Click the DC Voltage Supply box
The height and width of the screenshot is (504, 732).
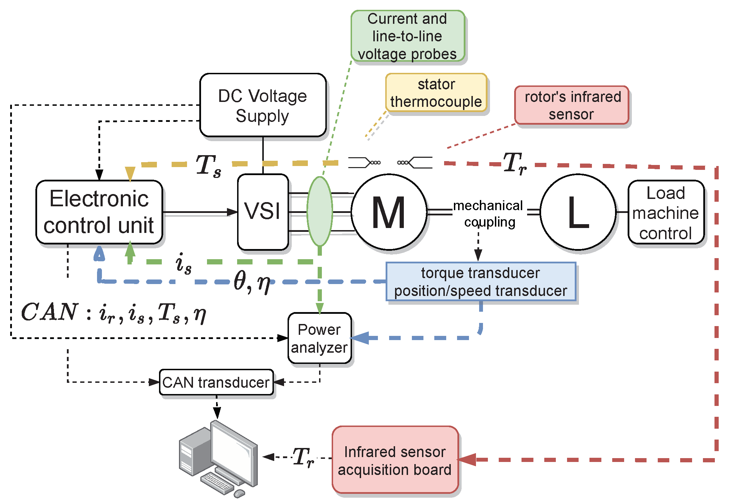(263, 105)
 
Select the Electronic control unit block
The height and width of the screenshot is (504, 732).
(99, 212)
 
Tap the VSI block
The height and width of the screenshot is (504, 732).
(263, 212)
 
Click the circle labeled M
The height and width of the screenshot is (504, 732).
(389, 212)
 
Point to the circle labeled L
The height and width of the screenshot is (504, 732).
(578, 212)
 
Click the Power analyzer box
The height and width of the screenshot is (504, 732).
(319, 338)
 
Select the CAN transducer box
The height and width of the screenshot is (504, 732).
(216, 382)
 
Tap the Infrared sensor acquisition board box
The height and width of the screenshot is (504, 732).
(395, 460)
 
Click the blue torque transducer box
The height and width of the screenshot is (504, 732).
(481, 282)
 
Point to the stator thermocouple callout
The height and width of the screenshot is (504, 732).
(436, 93)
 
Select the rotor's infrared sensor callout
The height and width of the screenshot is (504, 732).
(572, 105)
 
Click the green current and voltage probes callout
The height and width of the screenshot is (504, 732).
(407, 36)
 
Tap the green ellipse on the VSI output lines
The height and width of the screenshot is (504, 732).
(319, 212)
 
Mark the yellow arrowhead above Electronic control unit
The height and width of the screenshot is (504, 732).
(130, 173)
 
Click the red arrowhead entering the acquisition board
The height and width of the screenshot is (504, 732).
(467, 460)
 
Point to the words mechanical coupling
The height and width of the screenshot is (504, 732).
(489, 213)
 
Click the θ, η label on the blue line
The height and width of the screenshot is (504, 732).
(252, 282)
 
